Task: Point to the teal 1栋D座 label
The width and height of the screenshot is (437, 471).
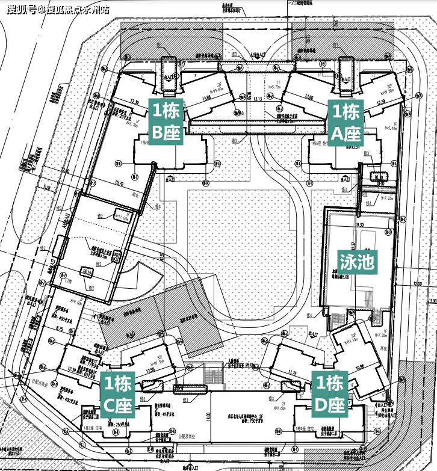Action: pyautogui.click(x=330, y=394)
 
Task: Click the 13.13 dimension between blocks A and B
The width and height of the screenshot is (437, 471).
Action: pyautogui.click(x=258, y=99)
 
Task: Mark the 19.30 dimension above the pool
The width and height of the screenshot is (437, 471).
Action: pyautogui.click(x=361, y=224)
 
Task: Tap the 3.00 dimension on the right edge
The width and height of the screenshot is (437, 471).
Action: pyautogui.click(x=432, y=300)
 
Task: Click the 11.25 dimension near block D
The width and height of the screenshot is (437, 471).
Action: pyautogui.click(x=293, y=373)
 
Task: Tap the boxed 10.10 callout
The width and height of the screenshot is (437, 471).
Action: pyautogui.click(x=379, y=177)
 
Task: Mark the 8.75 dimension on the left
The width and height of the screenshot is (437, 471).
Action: pyautogui.click(x=58, y=329)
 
